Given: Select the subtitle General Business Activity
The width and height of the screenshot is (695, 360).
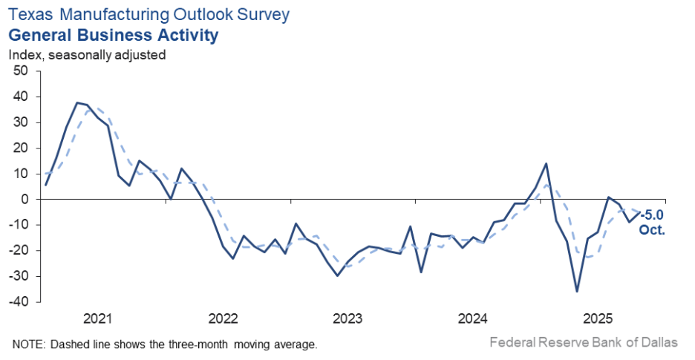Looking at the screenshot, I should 113,35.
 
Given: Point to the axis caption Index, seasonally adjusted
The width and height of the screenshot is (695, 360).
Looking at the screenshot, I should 87,54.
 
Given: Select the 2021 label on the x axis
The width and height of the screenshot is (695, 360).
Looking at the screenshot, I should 97,319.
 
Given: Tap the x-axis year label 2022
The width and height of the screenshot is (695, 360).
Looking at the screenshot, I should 223,319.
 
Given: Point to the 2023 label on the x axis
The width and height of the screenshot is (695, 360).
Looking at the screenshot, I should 347,319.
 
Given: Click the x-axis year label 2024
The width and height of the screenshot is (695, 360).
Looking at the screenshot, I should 472,319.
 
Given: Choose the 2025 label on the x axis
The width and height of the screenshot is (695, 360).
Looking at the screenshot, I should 598,319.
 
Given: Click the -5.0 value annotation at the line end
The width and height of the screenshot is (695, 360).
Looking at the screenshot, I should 653,216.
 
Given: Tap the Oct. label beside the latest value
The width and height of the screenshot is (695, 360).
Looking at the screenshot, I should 652,230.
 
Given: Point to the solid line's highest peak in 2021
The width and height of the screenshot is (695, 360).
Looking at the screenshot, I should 77,102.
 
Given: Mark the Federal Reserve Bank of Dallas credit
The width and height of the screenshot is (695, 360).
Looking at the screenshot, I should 584,342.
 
